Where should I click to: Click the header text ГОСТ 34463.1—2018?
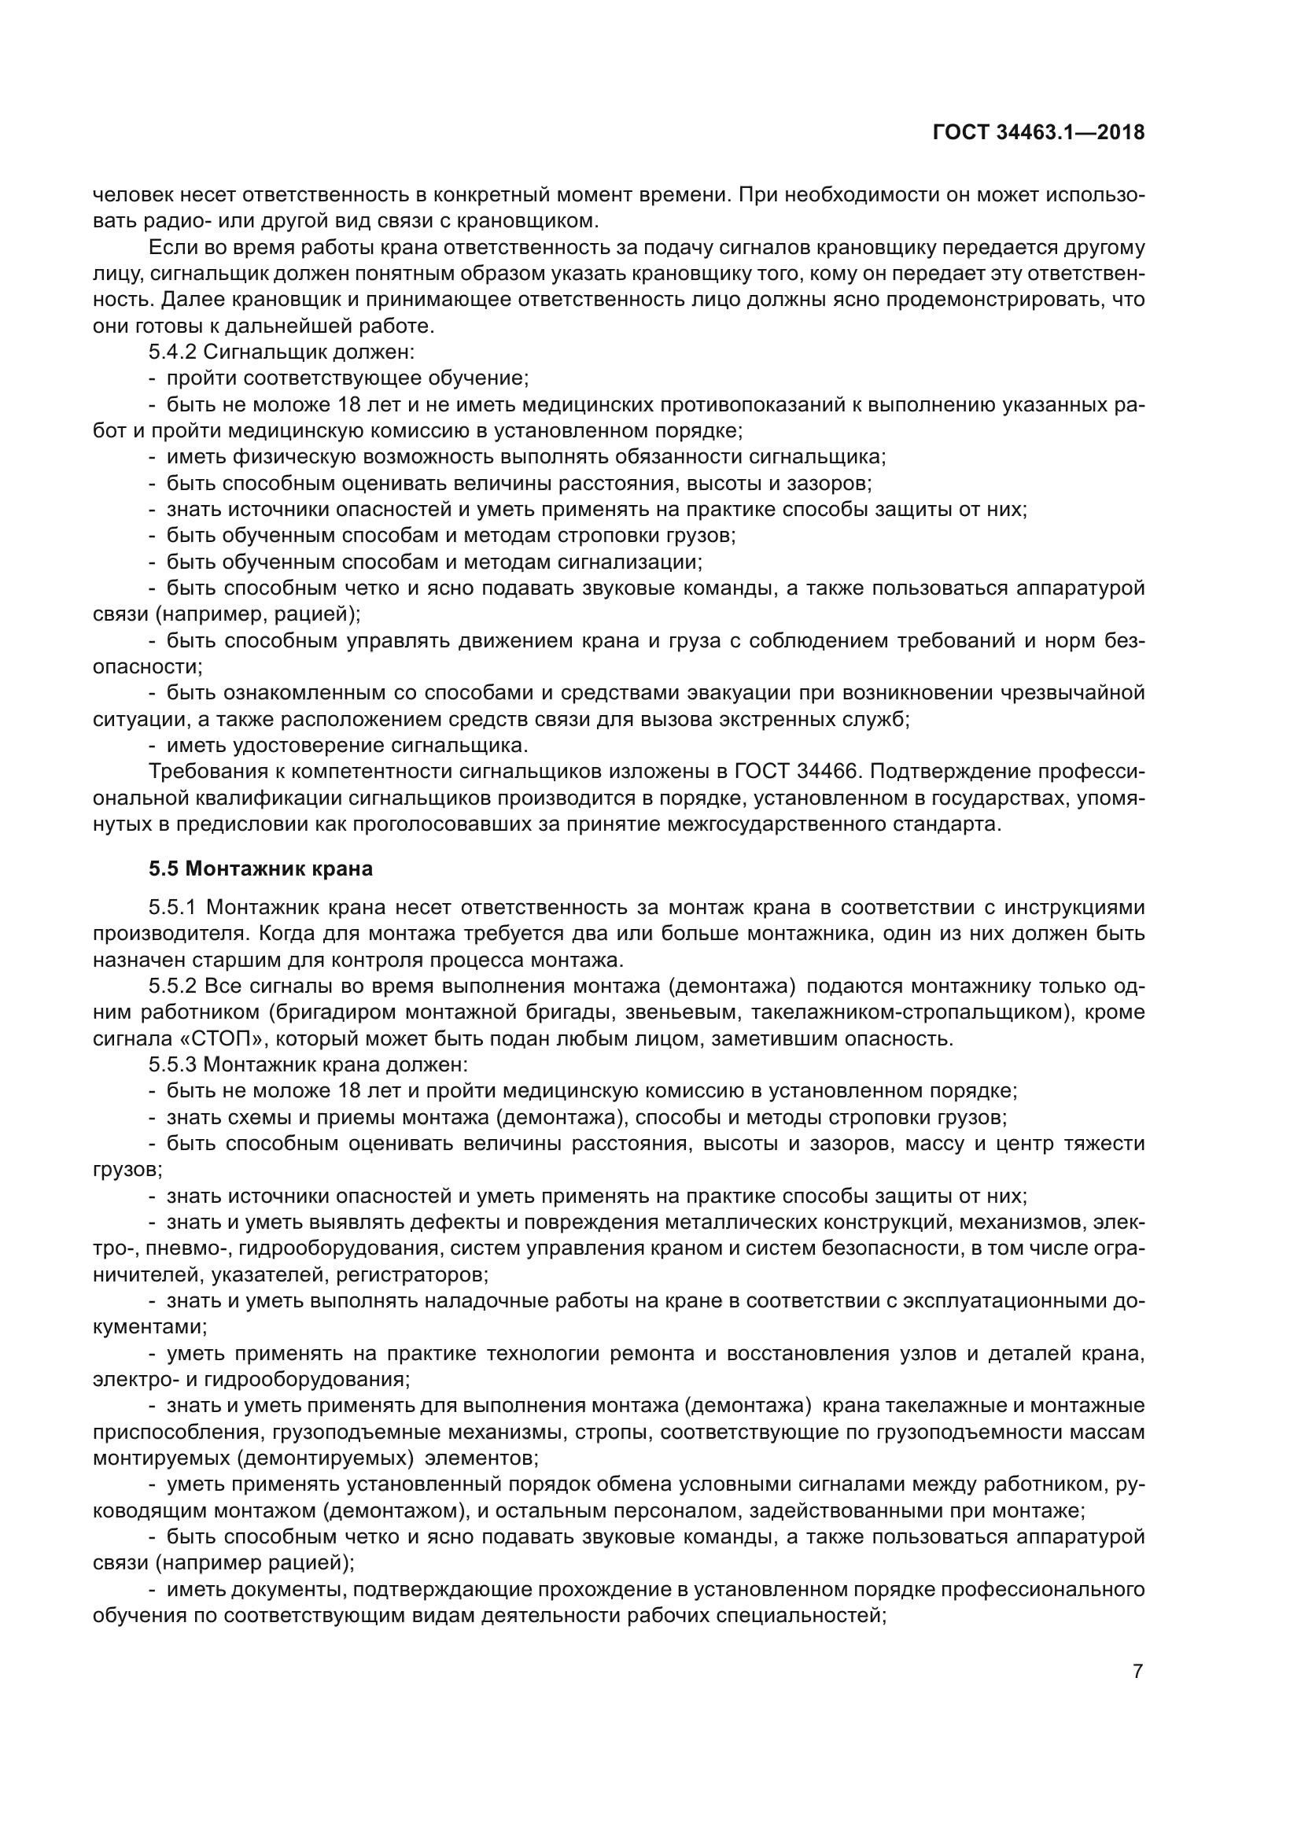(1038, 133)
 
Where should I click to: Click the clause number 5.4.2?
(173, 352)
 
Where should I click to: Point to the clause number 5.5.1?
(173, 907)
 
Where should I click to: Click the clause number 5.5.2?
(173, 986)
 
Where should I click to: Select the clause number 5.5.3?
(173, 1065)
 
